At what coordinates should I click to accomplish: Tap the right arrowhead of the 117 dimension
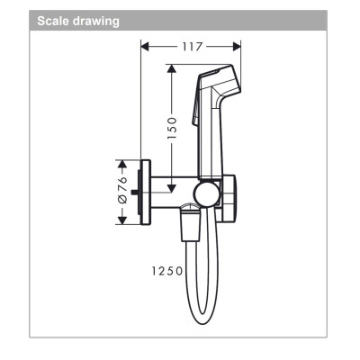point(238,45)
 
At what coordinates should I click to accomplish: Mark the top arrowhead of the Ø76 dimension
point(122,161)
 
